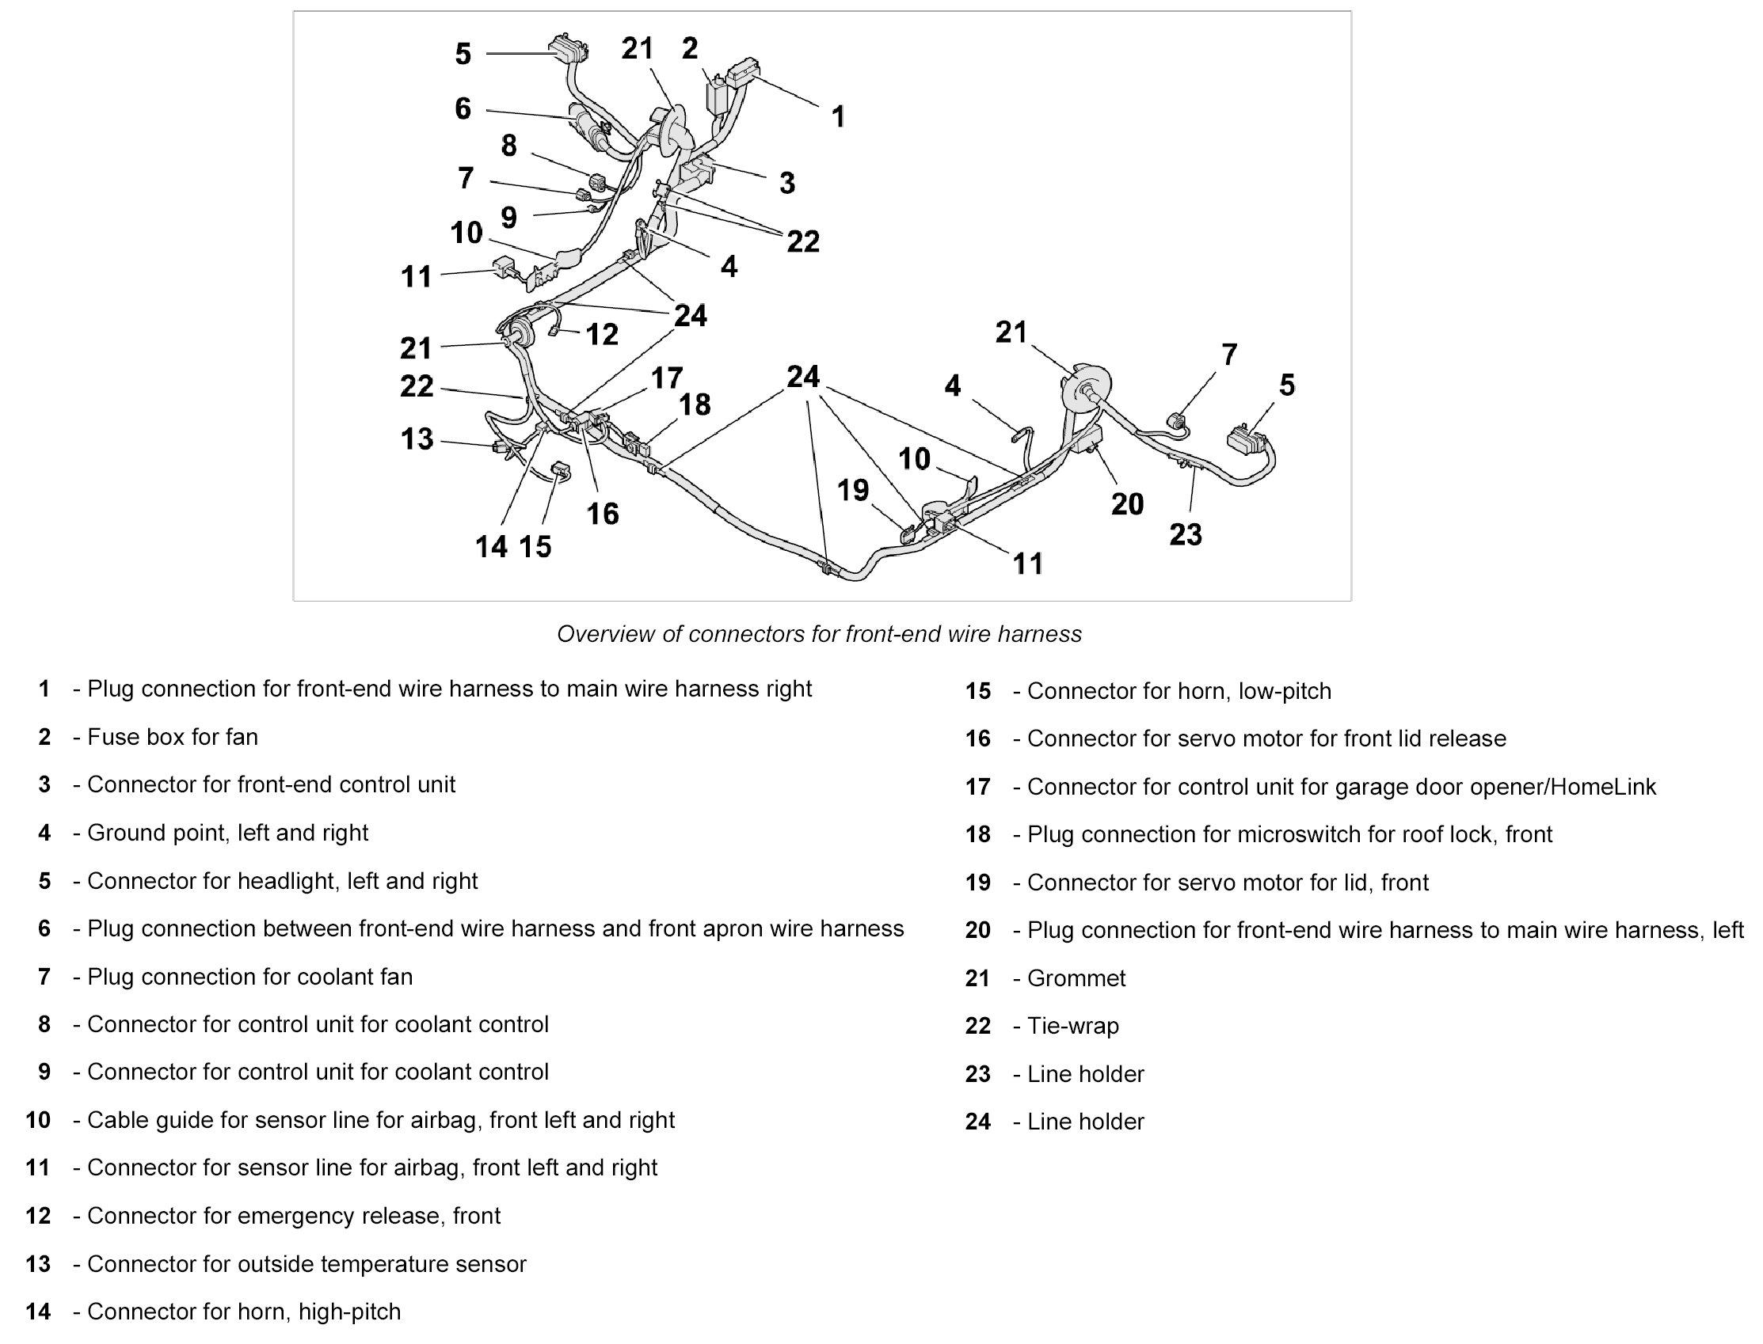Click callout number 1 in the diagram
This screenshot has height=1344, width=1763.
click(x=838, y=118)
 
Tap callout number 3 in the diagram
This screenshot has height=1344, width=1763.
click(x=787, y=183)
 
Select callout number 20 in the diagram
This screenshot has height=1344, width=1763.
click(x=1127, y=504)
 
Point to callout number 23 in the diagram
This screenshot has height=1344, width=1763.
click(x=1185, y=534)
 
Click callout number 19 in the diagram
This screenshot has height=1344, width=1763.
click(x=852, y=490)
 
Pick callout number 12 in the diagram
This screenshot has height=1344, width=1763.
click(x=602, y=334)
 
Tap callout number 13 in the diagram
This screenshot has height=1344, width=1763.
click(x=417, y=439)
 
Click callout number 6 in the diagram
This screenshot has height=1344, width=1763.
click(x=463, y=108)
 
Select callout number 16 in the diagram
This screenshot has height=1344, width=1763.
click(x=602, y=514)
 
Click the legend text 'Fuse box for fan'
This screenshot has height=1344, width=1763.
click(x=172, y=737)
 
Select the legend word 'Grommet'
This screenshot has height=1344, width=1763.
click(x=1076, y=978)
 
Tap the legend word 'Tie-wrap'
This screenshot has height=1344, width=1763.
click(x=1072, y=1026)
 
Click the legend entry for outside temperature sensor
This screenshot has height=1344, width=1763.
click(x=307, y=1264)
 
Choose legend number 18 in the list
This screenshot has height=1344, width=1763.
click(x=977, y=834)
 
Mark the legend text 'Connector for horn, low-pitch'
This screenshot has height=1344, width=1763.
click(x=1179, y=691)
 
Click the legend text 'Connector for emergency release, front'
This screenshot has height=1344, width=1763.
click(x=294, y=1216)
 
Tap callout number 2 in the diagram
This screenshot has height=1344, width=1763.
click(x=689, y=49)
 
